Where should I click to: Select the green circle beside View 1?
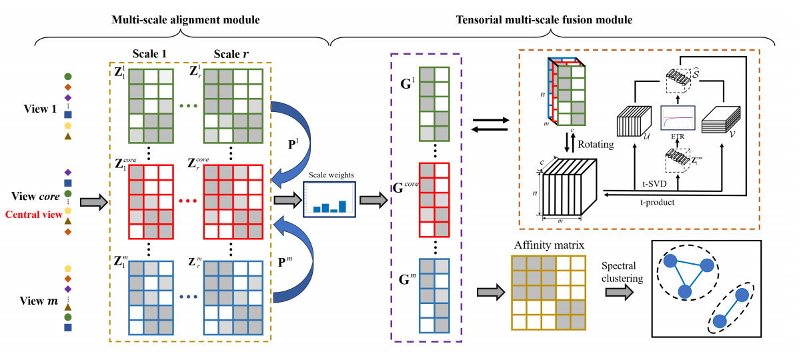click(67, 77)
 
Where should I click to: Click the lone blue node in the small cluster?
click(719, 321)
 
